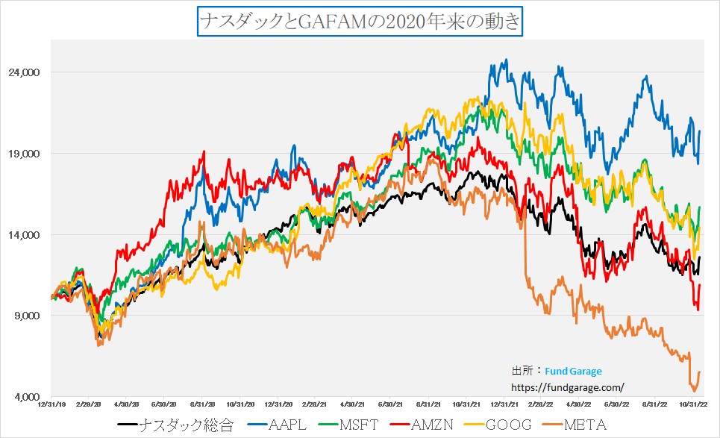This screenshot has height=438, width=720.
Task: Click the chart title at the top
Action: [x=360, y=21]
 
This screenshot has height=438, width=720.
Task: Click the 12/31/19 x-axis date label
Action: [x=51, y=405]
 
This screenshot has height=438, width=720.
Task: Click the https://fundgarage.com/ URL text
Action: [x=567, y=387]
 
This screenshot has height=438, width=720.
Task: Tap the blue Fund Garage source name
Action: [x=573, y=371]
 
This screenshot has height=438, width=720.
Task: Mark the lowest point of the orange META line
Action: [x=694, y=390]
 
